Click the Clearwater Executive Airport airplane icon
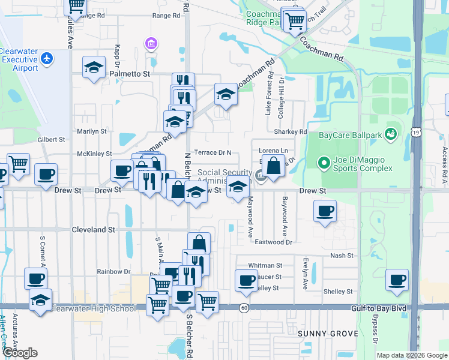pos(47,58)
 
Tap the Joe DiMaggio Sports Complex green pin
pos(324,163)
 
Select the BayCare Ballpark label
pos(349,136)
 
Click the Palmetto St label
pos(129,74)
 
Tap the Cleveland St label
pos(93,229)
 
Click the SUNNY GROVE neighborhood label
pos(328,333)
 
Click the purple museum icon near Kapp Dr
pos(151,43)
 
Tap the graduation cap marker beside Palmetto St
pos(94,67)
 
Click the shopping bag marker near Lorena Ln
pos(273,166)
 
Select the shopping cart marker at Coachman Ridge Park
pos(294,20)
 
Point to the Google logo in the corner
pos(20,353)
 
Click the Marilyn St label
pos(91,131)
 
